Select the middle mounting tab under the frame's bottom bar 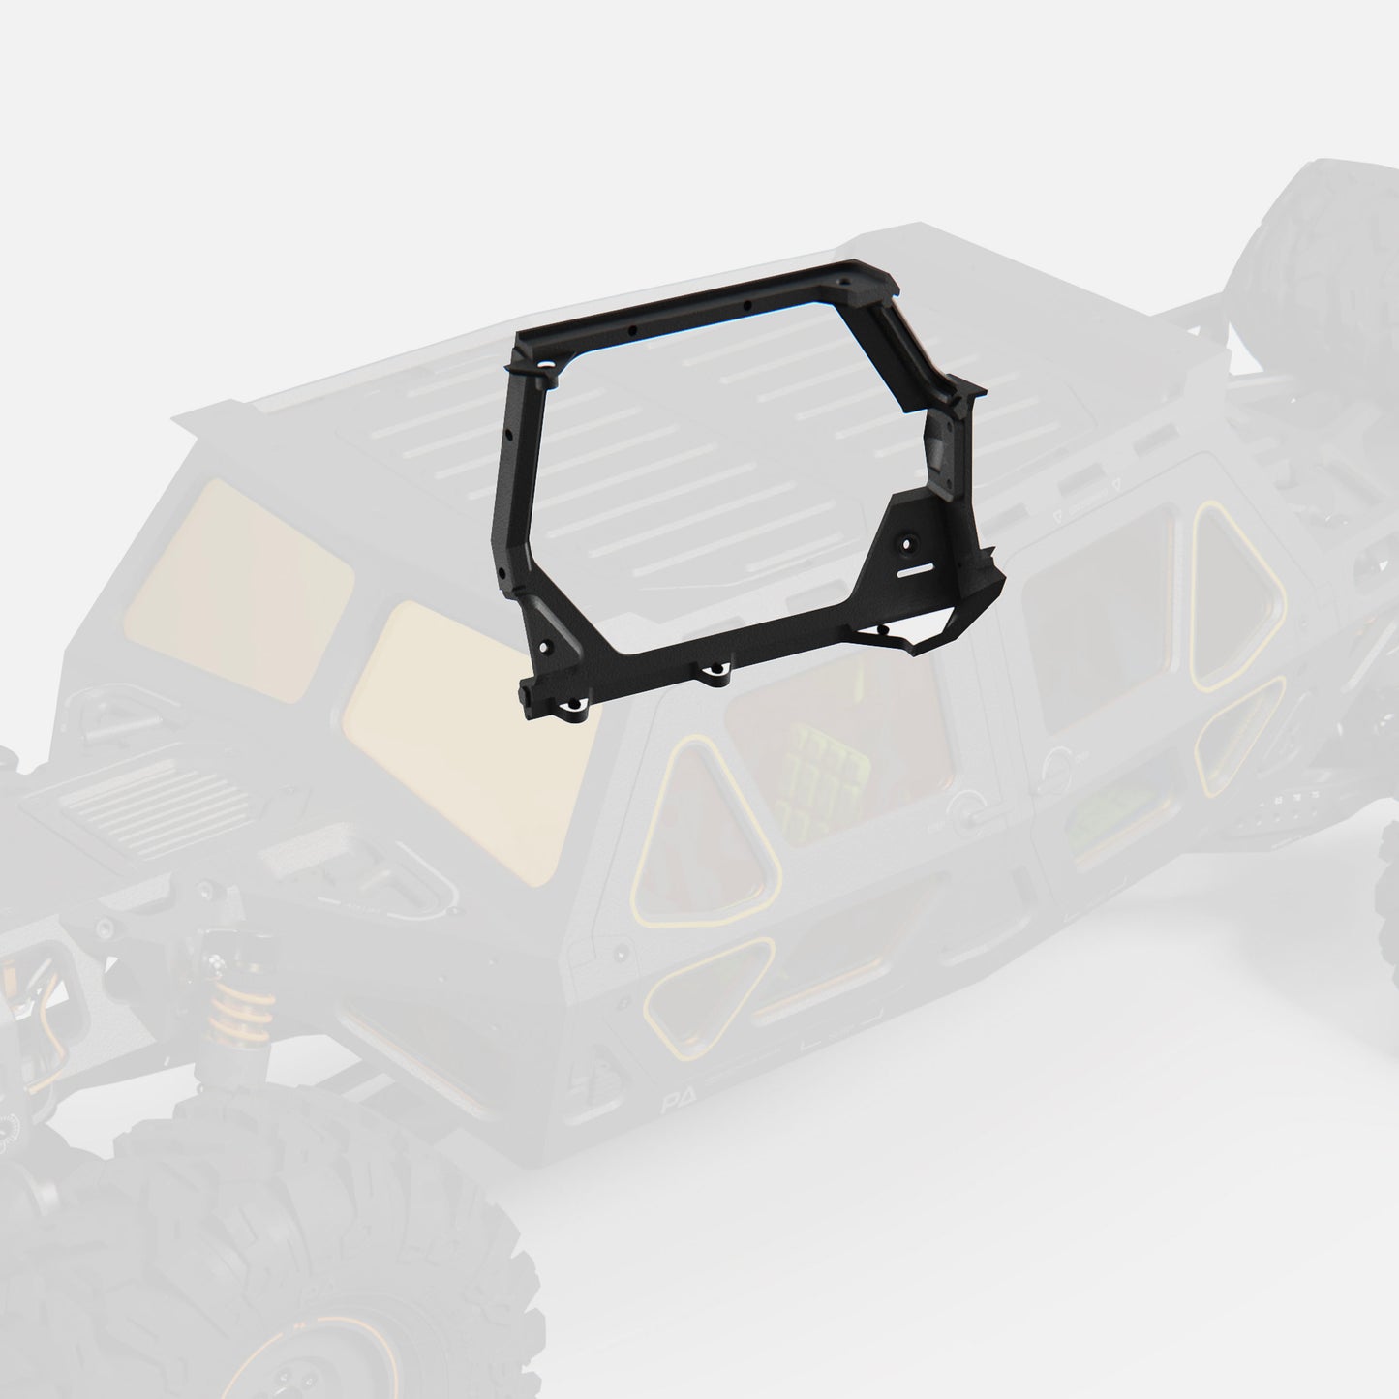coord(715,673)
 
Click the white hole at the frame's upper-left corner coord(549,366)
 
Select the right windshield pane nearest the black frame coord(474,736)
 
